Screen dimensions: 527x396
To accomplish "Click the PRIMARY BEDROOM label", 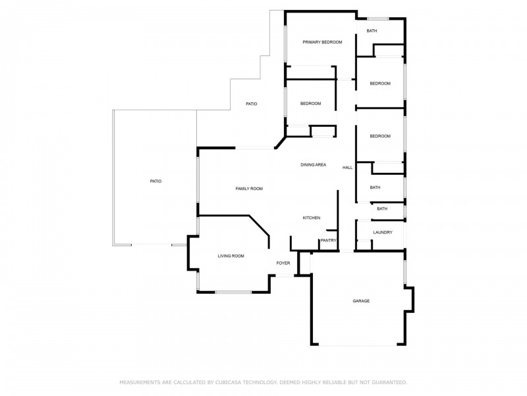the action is pyautogui.click(x=322, y=42).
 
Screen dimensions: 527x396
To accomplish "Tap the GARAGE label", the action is pyautogui.click(x=361, y=301).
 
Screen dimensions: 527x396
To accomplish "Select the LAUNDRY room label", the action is pyautogui.click(x=383, y=232).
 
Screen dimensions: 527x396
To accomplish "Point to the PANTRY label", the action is pyautogui.click(x=328, y=240).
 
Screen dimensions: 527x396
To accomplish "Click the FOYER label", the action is pyautogui.click(x=283, y=263).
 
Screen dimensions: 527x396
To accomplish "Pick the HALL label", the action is pyautogui.click(x=348, y=168).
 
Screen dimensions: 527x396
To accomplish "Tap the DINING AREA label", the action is pyautogui.click(x=314, y=164).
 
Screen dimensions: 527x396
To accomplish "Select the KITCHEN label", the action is pyautogui.click(x=312, y=218).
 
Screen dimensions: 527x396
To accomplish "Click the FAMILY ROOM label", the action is pyautogui.click(x=249, y=189).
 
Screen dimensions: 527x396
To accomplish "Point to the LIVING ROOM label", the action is pyautogui.click(x=231, y=256).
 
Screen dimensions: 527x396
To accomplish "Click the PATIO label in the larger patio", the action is pyautogui.click(x=155, y=181).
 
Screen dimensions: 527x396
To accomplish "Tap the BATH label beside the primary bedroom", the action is pyautogui.click(x=372, y=30).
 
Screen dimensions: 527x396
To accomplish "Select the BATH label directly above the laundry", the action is pyautogui.click(x=382, y=209).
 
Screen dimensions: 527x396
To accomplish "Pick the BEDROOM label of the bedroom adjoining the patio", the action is pyautogui.click(x=310, y=104).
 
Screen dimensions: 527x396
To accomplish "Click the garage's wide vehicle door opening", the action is pyautogui.click(x=358, y=345).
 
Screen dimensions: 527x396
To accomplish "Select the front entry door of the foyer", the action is pyautogui.click(x=285, y=276).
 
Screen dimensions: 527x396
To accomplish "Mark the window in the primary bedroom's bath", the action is pyautogui.click(x=377, y=18).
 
